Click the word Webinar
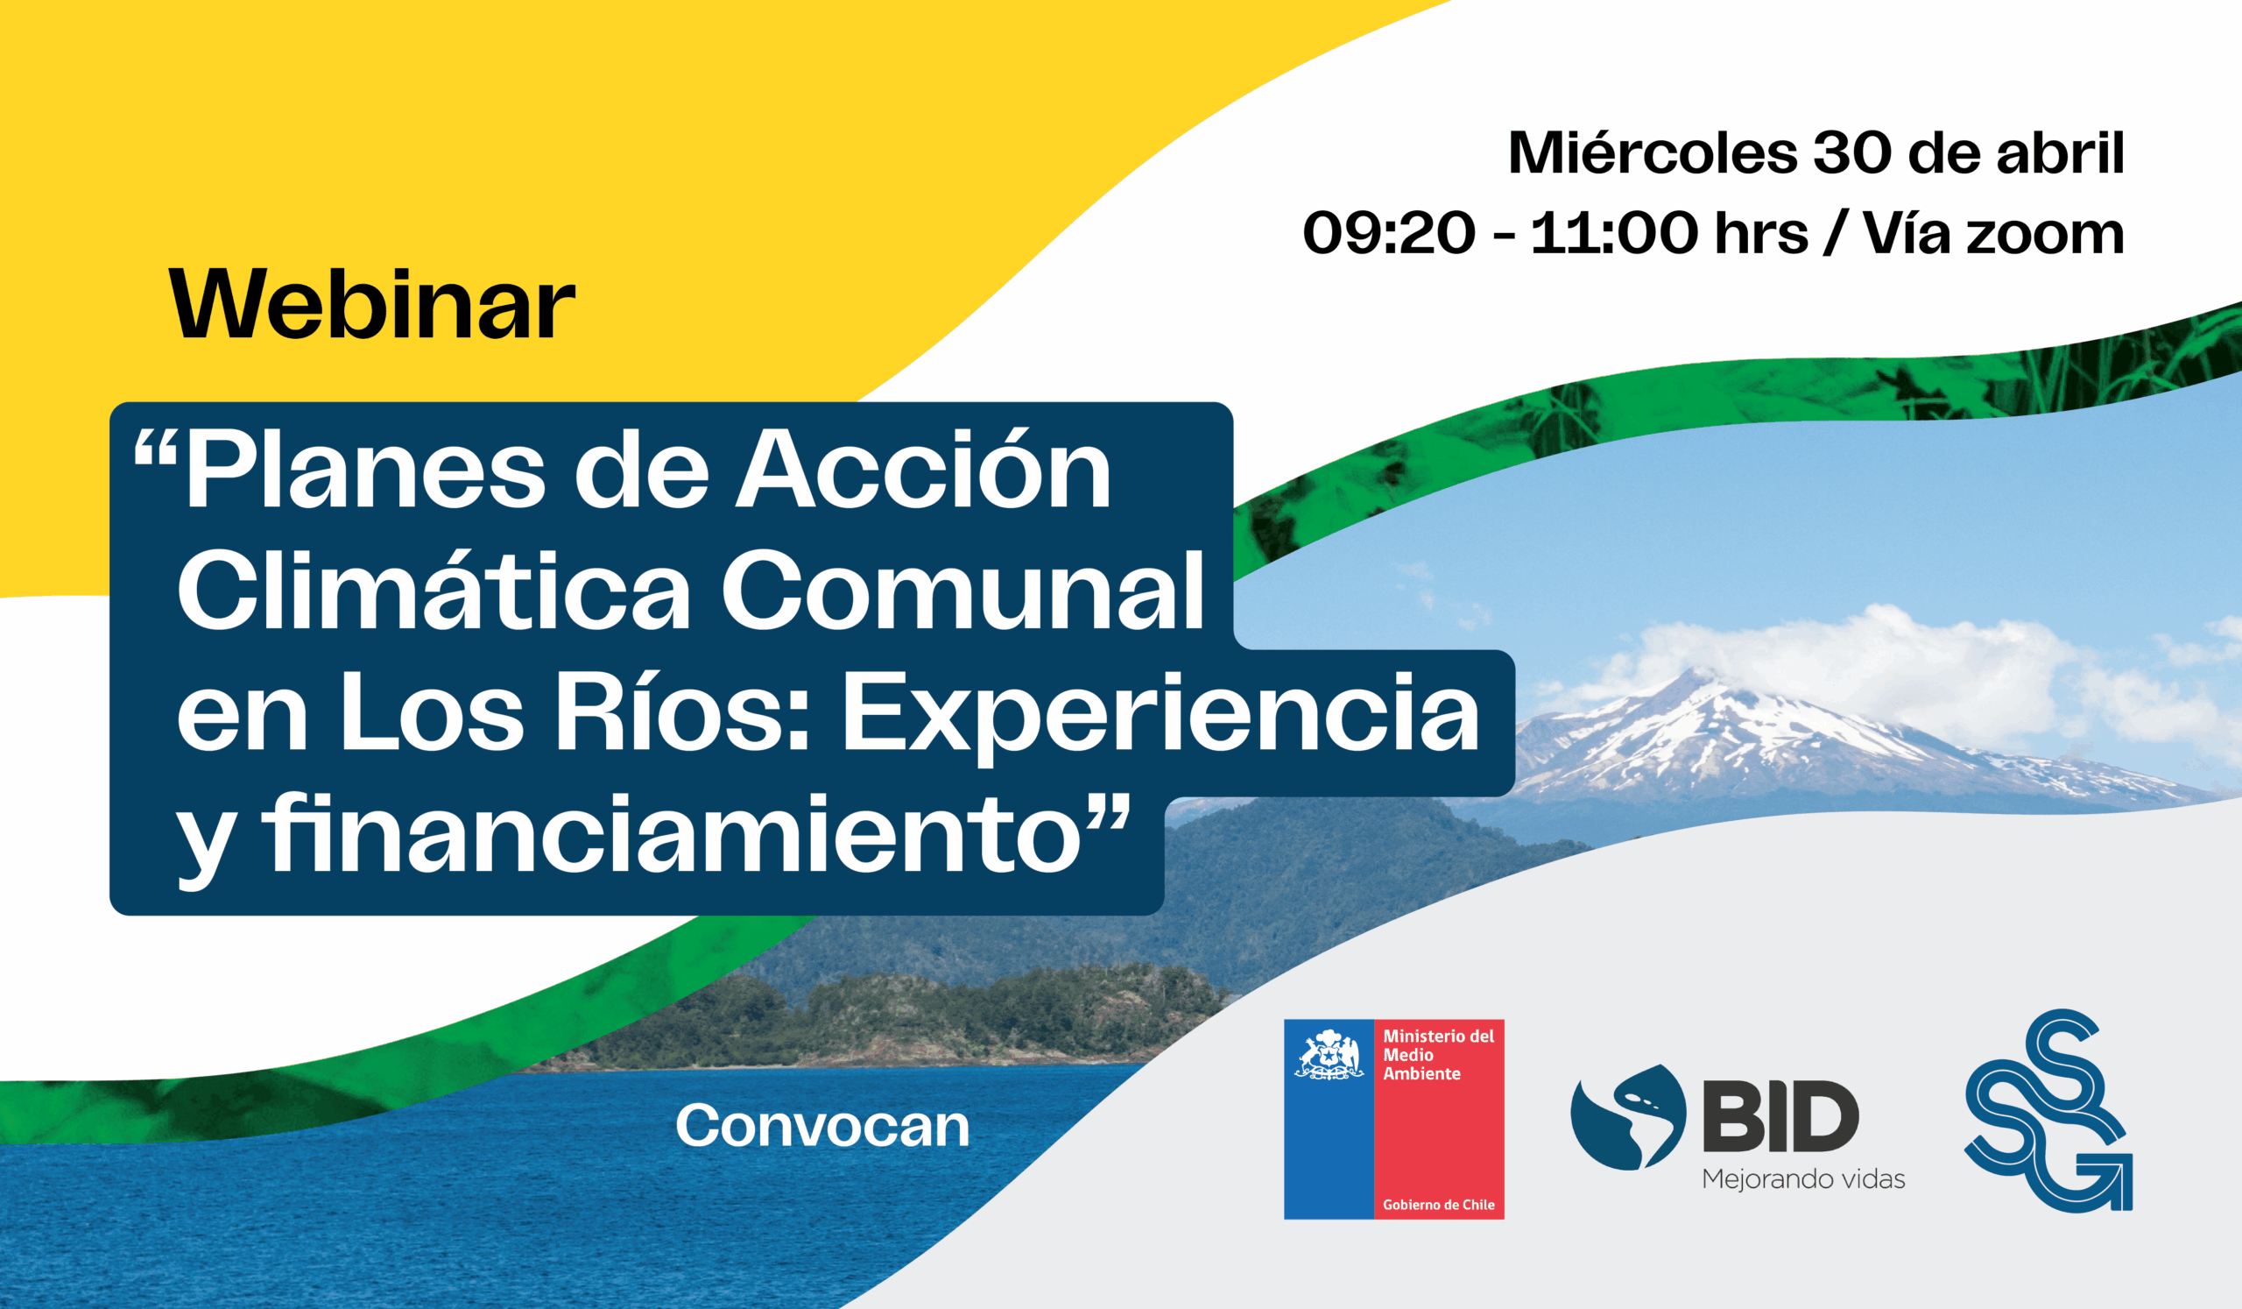pos(373,303)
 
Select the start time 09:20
pos(1389,233)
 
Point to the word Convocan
pos(823,1126)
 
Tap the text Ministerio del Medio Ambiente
pos(1439,1055)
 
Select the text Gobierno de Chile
pos(1439,1205)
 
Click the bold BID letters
pos(1780,1116)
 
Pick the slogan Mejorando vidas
pos(1803,1180)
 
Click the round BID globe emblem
pos(1628,1117)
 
